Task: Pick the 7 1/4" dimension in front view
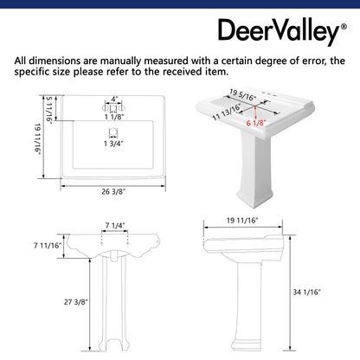(x=116, y=227)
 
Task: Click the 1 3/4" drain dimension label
(x=113, y=145)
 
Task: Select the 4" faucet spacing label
(x=112, y=100)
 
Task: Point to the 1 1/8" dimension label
(x=114, y=116)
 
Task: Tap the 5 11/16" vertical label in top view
(x=50, y=110)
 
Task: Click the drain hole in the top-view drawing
(x=112, y=132)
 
